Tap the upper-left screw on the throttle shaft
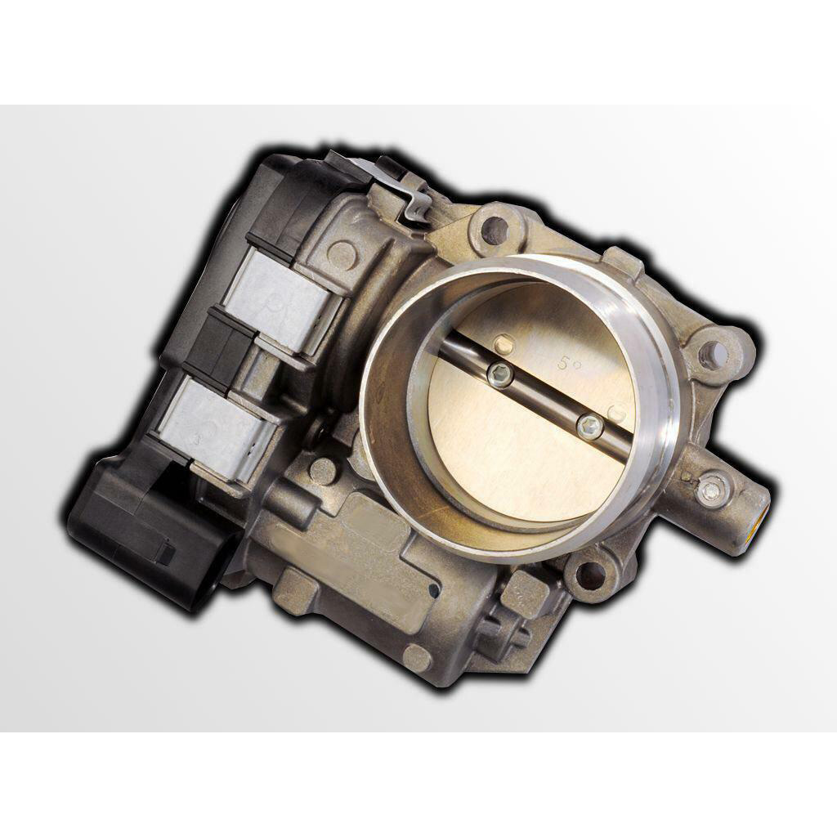(x=499, y=374)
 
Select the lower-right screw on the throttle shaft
(x=589, y=425)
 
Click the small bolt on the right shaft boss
(x=709, y=487)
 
